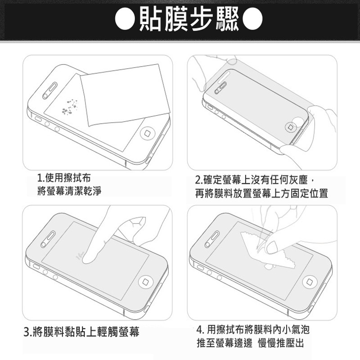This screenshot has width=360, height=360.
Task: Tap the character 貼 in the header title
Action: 151,19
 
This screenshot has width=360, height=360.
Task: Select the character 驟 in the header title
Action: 227,19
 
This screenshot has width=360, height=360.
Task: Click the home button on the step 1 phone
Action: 148,134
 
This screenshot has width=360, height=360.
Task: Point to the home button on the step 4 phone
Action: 310,283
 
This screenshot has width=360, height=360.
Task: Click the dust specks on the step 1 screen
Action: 70,107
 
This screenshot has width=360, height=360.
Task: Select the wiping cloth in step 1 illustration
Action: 125,94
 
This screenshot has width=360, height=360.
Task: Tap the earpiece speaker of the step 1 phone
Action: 50,90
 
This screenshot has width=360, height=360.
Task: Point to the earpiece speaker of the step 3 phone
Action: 48,239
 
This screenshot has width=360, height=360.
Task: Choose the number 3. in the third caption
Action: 28,332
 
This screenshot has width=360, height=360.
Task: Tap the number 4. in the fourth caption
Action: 200,330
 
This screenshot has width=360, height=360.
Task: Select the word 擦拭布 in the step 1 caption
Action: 68,178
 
